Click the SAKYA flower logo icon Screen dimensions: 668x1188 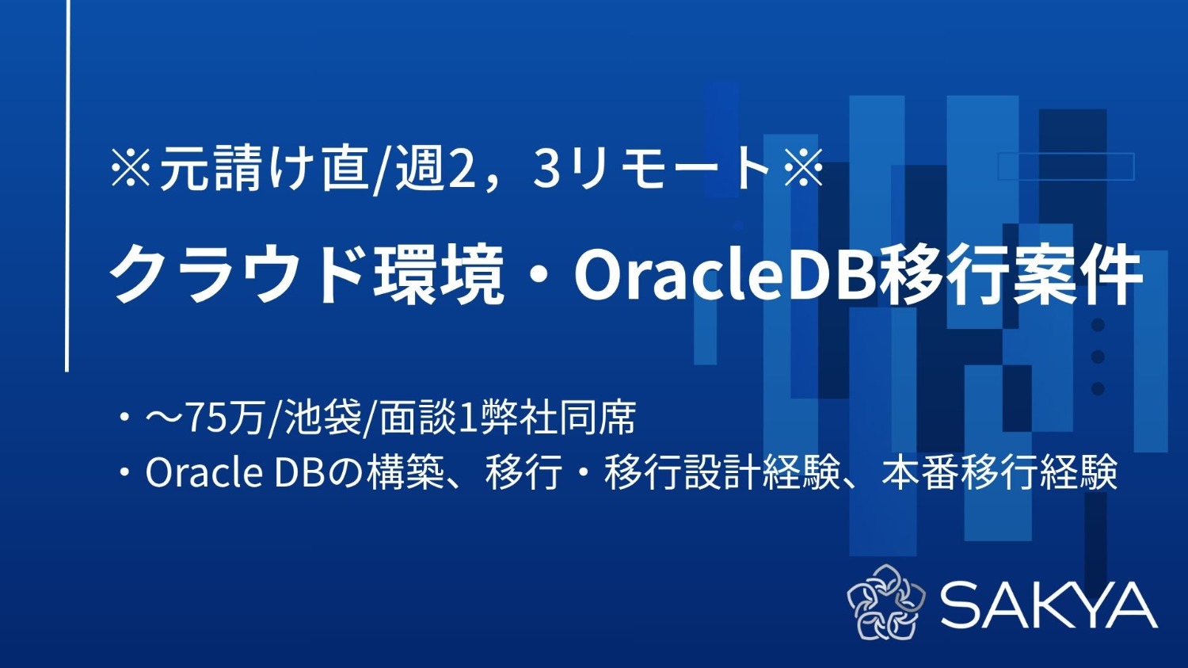point(885,602)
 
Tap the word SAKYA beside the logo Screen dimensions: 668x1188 point(1049,605)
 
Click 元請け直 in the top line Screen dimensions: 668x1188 point(265,169)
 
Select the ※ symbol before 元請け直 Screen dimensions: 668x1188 point(131,169)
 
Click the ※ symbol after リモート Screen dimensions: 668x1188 point(802,169)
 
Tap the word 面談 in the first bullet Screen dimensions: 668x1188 point(418,418)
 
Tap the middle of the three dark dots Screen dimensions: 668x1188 point(1098,357)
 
